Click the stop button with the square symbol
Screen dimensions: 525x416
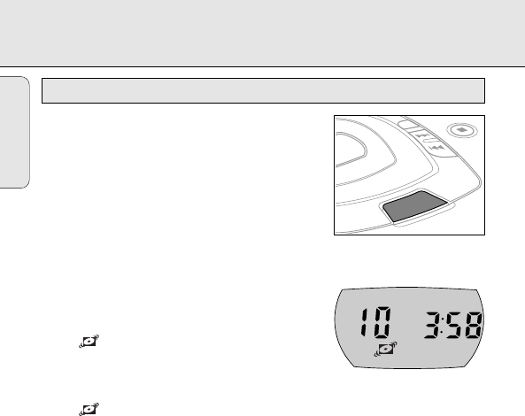click(462, 130)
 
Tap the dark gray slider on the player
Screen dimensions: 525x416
click(414, 206)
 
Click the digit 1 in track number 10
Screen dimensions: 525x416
click(364, 322)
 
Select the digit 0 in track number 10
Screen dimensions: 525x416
click(382, 322)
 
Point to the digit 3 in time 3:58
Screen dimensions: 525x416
click(433, 325)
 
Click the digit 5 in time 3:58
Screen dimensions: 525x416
click(454, 325)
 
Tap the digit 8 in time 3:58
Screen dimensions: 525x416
click(473, 325)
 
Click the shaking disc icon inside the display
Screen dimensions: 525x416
click(386, 350)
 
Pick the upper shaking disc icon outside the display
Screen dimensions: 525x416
click(89, 342)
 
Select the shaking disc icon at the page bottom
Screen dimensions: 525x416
click(89, 409)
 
